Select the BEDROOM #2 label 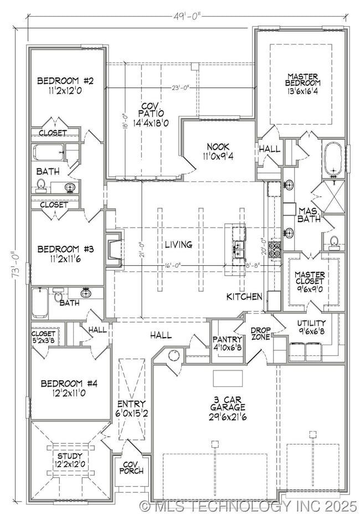(65, 85)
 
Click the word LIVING (178, 244)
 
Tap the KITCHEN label (244, 297)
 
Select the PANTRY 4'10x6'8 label (227, 343)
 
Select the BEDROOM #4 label (69, 387)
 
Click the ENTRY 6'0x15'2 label (132, 408)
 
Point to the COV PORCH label (132, 467)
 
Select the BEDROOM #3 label (65, 254)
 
